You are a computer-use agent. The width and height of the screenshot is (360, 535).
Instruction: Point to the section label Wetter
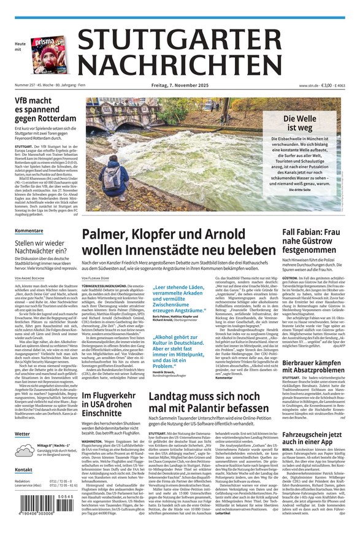tap(22, 434)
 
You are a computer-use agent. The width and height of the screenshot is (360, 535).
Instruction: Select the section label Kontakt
tap(23, 469)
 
